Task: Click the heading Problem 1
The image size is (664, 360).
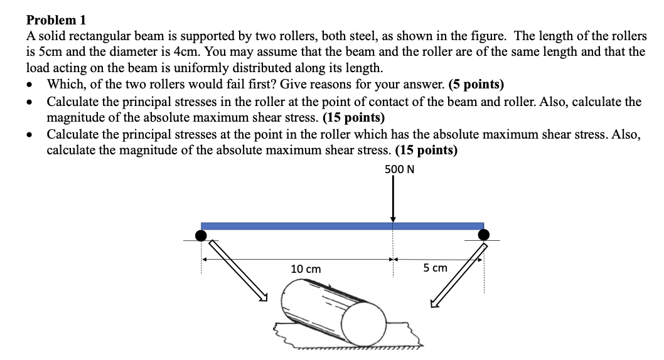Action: click(x=55, y=21)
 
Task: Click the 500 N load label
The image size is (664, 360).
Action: click(x=399, y=169)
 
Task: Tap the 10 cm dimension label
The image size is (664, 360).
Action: click(x=306, y=268)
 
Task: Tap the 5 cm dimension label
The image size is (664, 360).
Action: click(x=435, y=268)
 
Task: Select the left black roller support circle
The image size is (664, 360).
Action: click(x=201, y=235)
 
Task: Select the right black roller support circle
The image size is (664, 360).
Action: click(x=483, y=235)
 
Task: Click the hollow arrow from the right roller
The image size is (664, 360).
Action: click(x=458, y=275)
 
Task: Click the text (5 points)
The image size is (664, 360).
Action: click(x=476, y=85)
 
